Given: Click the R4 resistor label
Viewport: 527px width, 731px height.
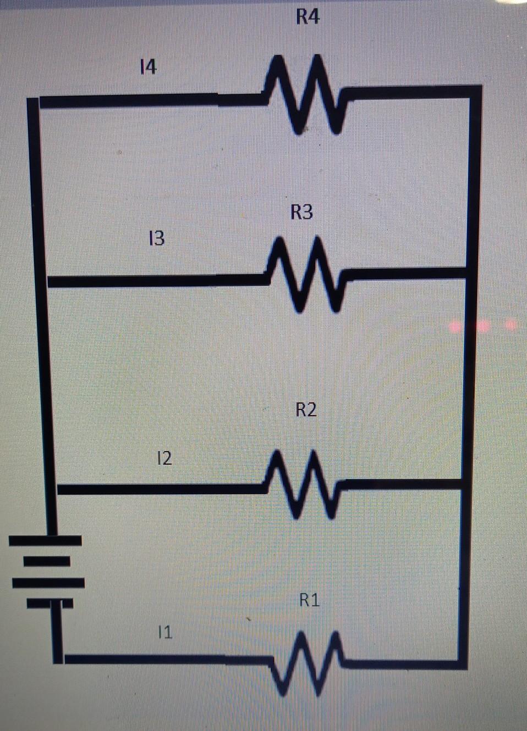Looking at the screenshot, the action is (308, 17).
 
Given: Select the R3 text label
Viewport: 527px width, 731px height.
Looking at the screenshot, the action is (302, 212).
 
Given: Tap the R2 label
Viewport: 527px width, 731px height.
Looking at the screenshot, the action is (306, 410).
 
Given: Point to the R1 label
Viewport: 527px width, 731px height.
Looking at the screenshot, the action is (310, 600).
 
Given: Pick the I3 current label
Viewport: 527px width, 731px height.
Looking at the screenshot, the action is (157, 238).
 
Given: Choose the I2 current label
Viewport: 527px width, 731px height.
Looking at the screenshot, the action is (164, 457).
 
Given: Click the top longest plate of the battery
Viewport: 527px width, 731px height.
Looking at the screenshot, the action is (45, 541).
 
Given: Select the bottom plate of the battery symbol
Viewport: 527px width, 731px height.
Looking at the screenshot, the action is (50, 604).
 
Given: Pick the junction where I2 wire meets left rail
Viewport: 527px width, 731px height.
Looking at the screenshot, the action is (54, 489).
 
